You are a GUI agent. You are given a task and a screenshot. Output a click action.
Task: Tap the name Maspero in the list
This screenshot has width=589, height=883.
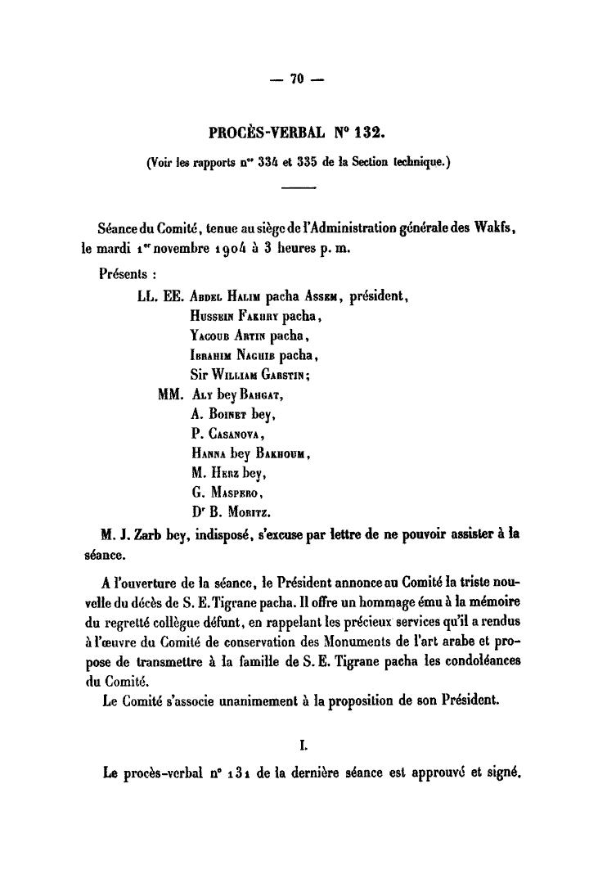(x=237, y=494)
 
